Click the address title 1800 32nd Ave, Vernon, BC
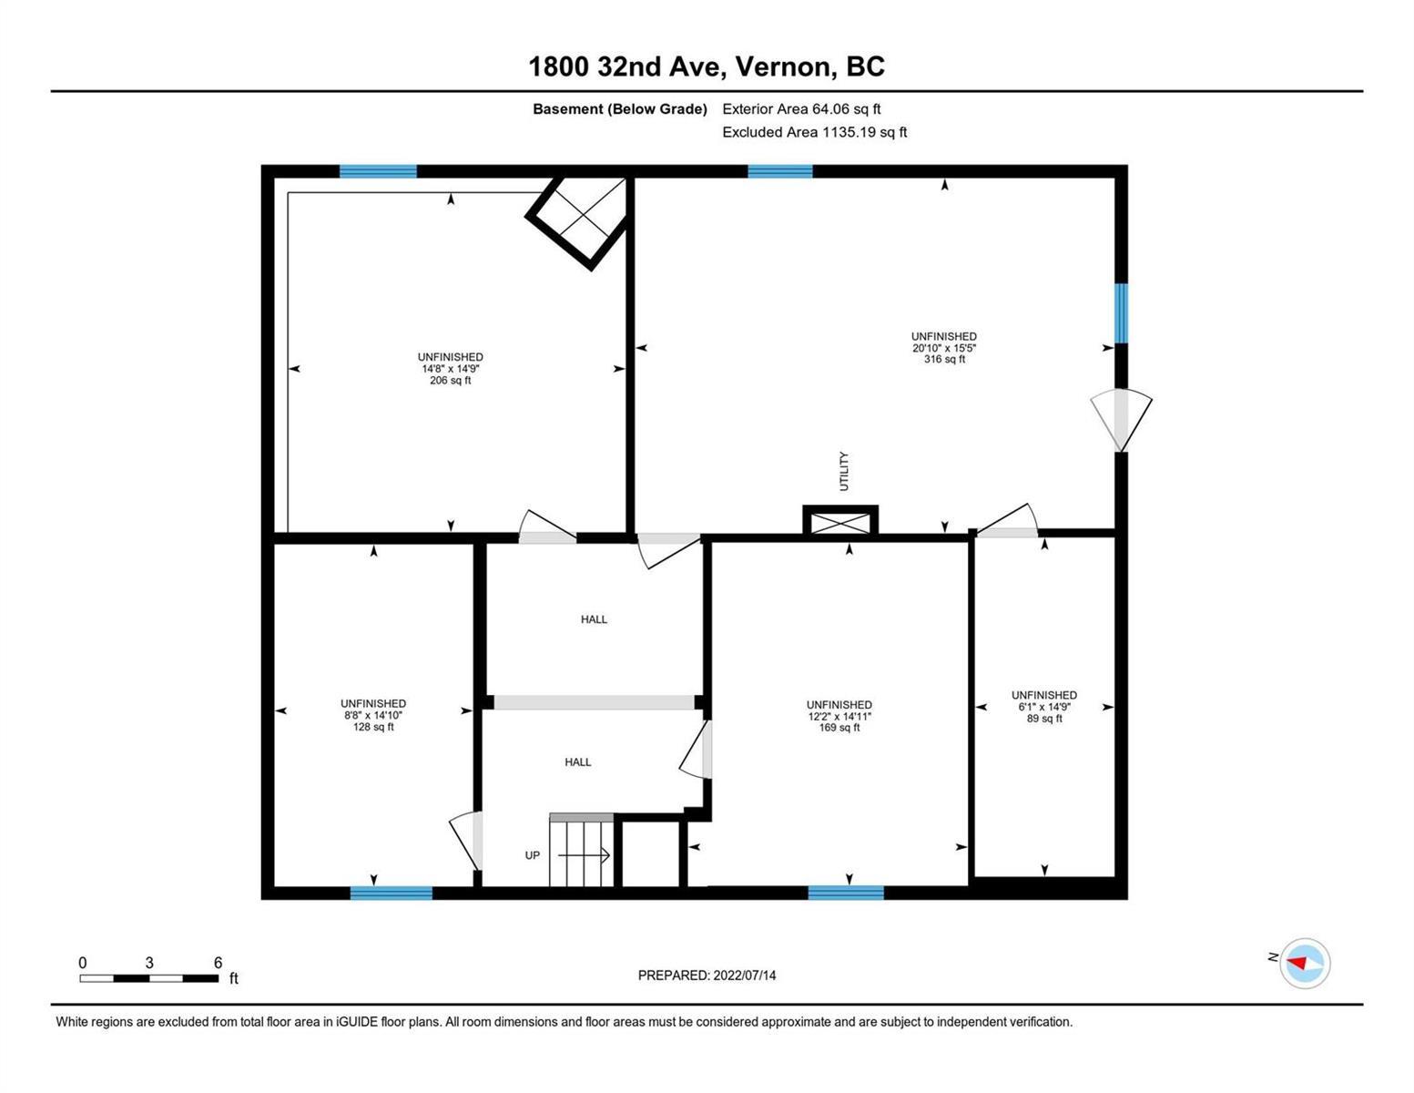[707, 66]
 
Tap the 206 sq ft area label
[451, 380]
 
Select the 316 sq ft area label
[944, 360]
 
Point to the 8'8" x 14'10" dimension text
[373, 715]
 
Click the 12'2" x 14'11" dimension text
[839, 716]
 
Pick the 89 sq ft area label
[1044, 719]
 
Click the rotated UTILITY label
[844, 471]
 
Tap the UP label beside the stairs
[533, 855]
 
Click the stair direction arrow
[584, 855]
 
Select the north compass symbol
[1304, 964]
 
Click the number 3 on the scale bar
[149, 963]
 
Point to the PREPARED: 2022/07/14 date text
[707, 976]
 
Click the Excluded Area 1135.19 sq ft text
[815, 132]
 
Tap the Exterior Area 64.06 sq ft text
[801, 109]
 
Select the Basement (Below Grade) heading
[619, 109]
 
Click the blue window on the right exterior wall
[1121, 313]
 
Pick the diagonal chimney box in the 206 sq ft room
[576, 222]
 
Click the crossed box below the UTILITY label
[840, 521]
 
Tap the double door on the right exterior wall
[1121, 420]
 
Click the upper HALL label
[595, 619]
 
